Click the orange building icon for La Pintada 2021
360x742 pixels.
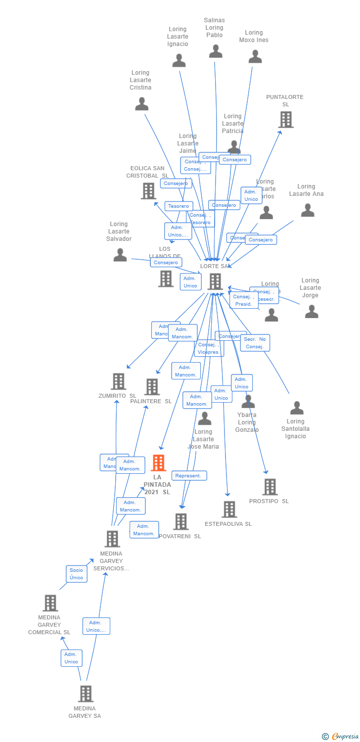(158, 463)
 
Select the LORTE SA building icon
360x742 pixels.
(215, 281)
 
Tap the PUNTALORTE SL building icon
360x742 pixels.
(285, 119)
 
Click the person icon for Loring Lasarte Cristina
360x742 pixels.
(142, 104)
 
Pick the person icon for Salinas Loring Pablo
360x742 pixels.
(216, 51)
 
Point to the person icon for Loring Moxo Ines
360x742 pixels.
(255, 56)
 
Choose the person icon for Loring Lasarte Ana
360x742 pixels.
(308, 210)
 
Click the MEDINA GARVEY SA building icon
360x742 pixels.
(86, 694)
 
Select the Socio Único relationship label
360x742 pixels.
(76, 574)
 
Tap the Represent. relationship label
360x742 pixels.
(188, 475)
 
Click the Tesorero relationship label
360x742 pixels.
(178, 206)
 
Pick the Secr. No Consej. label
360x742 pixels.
(255, 342)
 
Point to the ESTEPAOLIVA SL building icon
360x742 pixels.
(229, 509)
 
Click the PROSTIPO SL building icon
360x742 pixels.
(270, 487)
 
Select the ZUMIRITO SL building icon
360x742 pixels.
(118, 381)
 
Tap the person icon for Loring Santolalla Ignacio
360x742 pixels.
(297, 408)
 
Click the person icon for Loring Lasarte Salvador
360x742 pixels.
(120, 255)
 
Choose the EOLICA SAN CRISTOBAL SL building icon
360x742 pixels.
(148, 190)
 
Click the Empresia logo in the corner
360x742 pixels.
(341, 737)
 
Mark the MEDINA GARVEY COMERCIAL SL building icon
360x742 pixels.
(50, 603)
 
